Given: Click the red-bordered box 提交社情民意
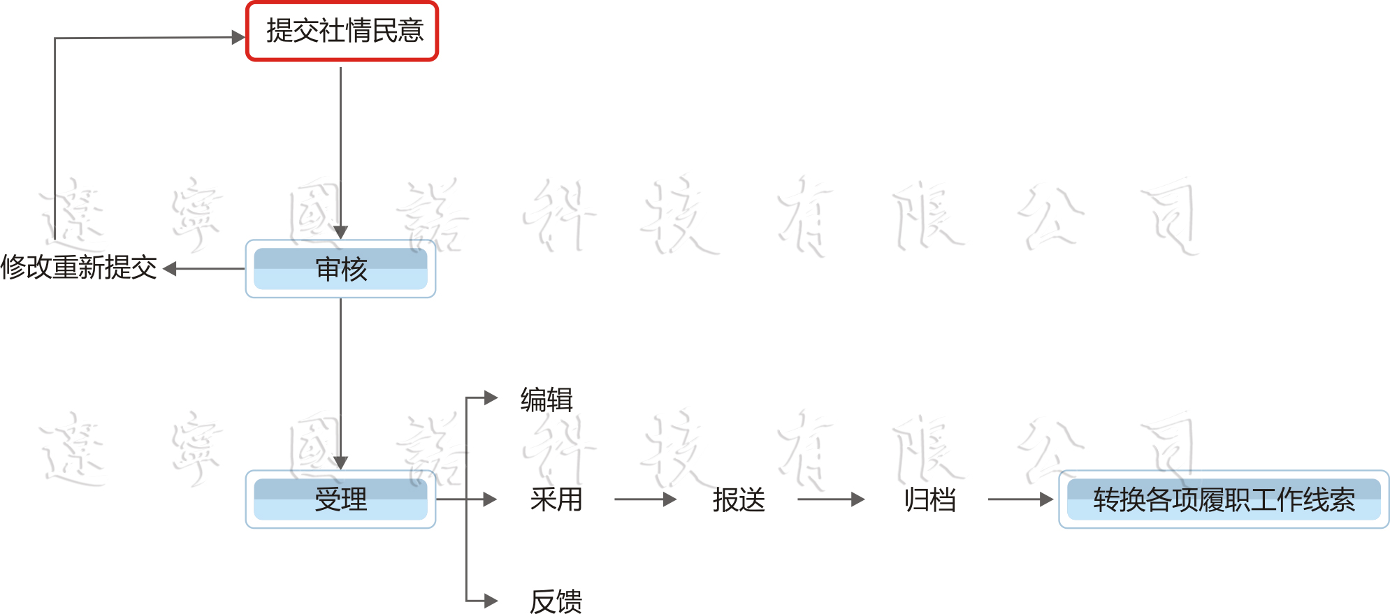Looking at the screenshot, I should pyautogui.click(x=342, y=31).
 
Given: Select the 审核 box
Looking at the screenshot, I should pyautogui.click(x=340, y=269).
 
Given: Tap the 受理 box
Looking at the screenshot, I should pyautogui.click(x=340, y=499).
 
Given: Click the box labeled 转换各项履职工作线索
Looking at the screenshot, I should pyautogui.click(x=1223, y=499).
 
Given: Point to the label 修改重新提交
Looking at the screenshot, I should pyautogui.click(x=79, y=268).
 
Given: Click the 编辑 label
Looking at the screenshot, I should pyautogui.click(x=546, y=400).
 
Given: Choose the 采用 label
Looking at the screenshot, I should pyautogui.click(x=556, y=499).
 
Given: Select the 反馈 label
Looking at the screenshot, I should pyautogui.click(x=556, y=601).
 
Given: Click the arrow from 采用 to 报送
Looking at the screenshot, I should pyautogui.click(x=645, y=499).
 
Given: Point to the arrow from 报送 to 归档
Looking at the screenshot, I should pyautogui.click(x=830, y=499).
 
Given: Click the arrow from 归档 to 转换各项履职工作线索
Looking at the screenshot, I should pyautogui.click(x=1020, y=499).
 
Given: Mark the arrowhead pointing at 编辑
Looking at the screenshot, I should pyautogui.click(x=491, y=398).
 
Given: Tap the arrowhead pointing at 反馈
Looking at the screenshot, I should pyautogui.click(x=491, y=601).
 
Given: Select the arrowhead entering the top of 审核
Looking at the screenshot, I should pyautogui.click(x=340, y=233).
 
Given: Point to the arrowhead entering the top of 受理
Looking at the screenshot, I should pyautogui.click(x=340, y=463).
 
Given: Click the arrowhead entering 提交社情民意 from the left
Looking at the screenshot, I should pyautogui.click(x=238, y=37).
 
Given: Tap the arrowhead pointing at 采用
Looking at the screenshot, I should pyautogui.click(x=490, y=499).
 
